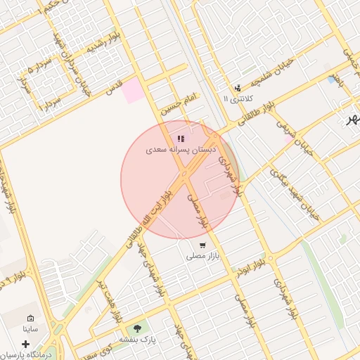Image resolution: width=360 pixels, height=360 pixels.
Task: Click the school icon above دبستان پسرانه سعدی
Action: coord(181,139)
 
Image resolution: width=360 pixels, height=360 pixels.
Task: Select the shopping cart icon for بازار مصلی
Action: coord(202,246)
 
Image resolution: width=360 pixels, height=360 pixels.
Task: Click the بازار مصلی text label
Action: coord(203,257)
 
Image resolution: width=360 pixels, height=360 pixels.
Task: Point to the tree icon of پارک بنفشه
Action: coord(137,328)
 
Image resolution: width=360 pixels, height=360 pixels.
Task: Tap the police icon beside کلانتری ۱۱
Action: coord(238,88)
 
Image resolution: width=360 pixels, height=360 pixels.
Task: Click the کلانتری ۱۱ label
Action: coord(236,98)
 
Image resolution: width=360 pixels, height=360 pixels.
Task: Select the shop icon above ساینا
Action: coord(30,319)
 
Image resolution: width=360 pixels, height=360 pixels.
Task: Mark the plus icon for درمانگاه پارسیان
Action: coord(26,345)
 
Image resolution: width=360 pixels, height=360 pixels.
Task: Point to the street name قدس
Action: coord(114,86)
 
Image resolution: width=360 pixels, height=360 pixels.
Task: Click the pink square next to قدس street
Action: coord(132,92)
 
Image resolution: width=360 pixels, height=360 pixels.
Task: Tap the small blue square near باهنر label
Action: coord(331,79)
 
